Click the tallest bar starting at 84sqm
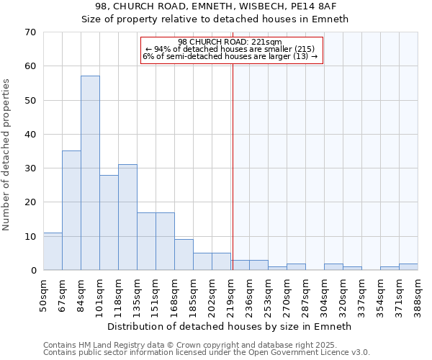click(x=90, y=173)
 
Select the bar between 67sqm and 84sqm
click(x=71, y=210)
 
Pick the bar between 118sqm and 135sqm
click(x=127, y=217)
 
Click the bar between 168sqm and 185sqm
click(x=184, y=254)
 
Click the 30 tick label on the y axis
click(x=30, y=168)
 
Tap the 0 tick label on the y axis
click(x=33, y=271)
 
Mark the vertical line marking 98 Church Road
click(x=233, y=166)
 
